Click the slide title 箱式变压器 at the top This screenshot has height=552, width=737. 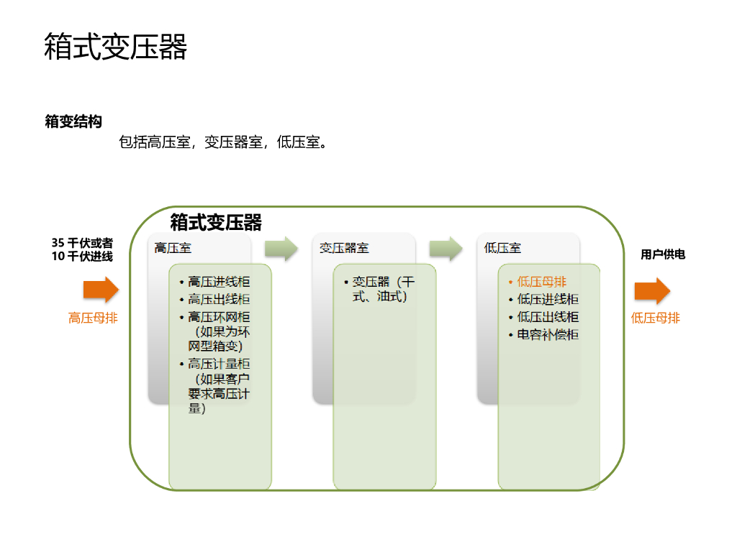116,47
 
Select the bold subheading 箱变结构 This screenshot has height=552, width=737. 73,121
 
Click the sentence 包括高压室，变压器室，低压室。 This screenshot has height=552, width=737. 224,142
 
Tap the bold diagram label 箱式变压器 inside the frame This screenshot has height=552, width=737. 216,222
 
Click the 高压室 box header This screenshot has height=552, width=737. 173,248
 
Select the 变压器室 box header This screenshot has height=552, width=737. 345,248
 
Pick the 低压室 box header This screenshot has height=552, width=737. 503,248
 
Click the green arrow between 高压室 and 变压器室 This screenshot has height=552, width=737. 281,249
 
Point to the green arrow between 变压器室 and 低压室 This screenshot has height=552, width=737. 446,249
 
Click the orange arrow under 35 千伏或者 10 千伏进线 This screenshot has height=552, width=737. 101,290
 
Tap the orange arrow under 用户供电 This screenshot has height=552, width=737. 652,290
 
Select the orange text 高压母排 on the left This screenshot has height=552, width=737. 93,318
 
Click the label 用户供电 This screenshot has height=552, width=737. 663,254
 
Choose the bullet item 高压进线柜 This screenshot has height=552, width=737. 219,282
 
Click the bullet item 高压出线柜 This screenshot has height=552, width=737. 219,300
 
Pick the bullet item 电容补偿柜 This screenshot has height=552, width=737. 548,335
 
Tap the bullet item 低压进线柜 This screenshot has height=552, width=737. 548,300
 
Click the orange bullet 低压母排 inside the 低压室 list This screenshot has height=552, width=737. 541,282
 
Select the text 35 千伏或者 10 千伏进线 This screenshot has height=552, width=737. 82,249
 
